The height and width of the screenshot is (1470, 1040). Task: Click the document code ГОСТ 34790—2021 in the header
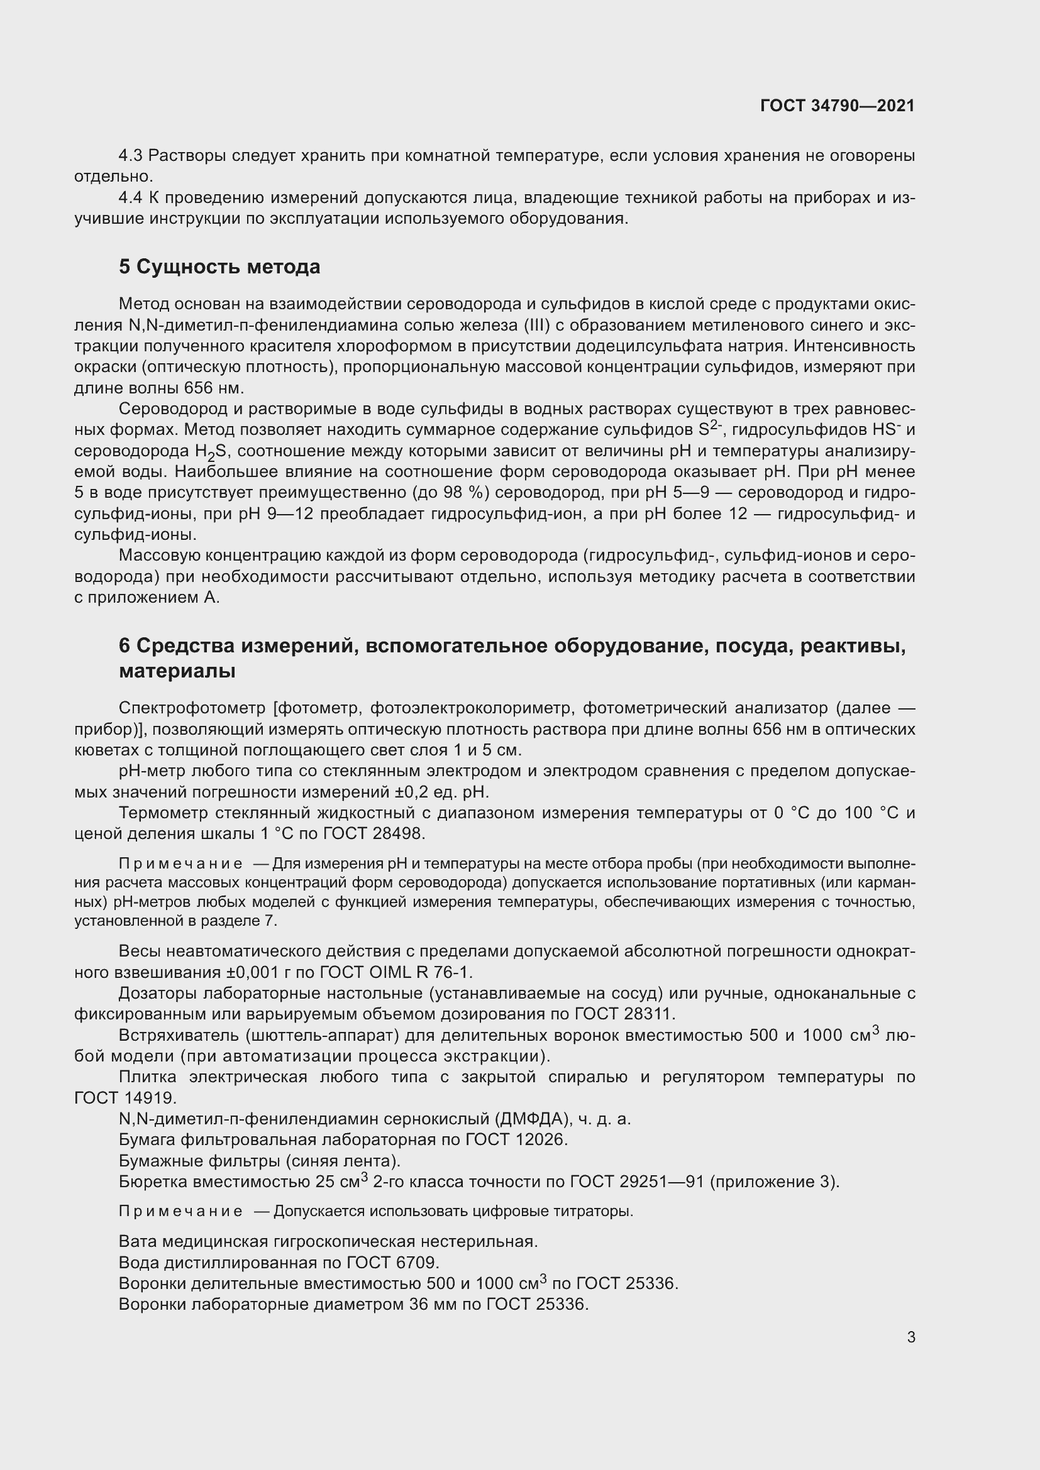point(837,106)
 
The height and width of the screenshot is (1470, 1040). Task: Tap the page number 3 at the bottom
point(910,1337)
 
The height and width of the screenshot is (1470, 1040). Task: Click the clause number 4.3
point(131,156)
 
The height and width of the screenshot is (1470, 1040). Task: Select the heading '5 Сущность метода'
point(219,266)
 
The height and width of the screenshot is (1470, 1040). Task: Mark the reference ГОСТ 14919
point(125,1098)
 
